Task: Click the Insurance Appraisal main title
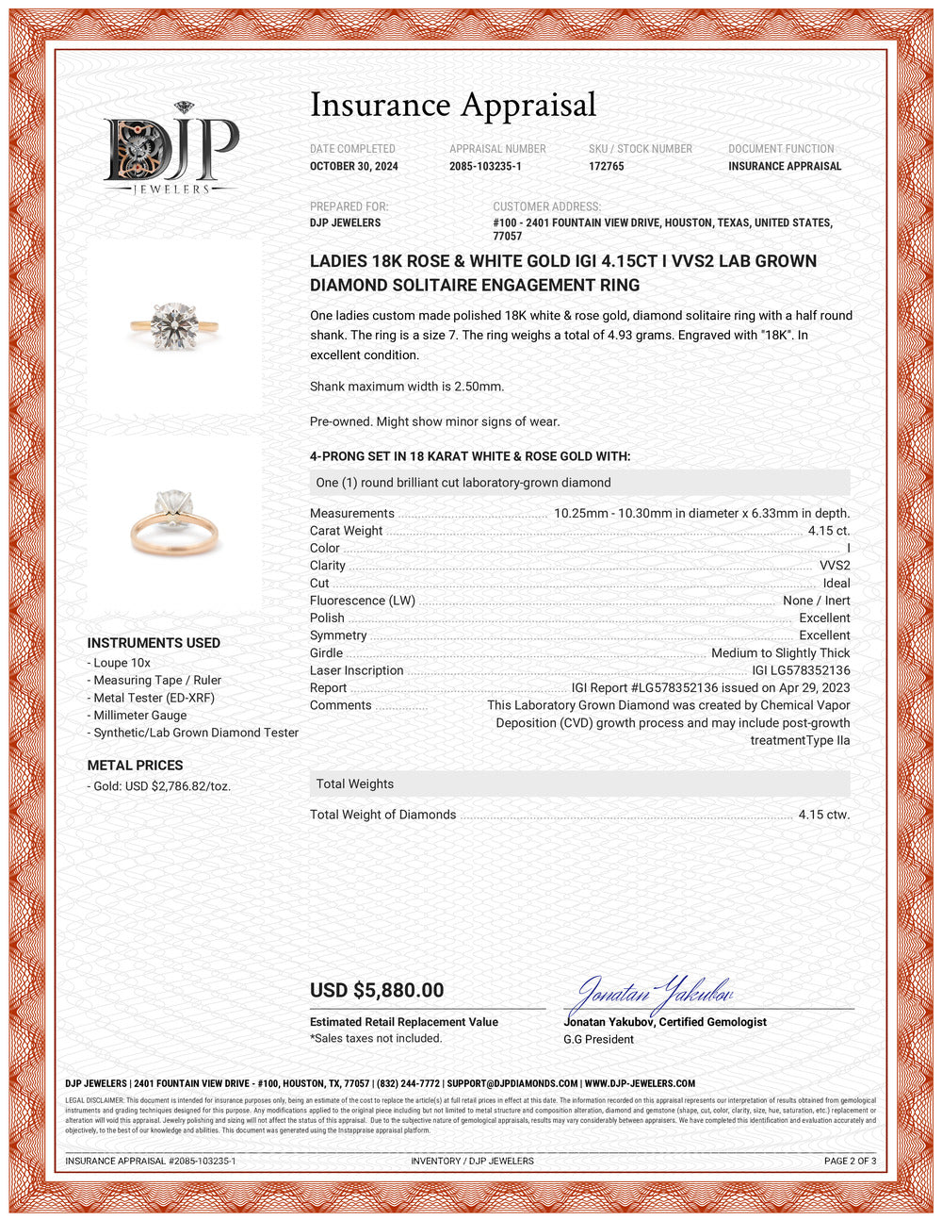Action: [453, 105]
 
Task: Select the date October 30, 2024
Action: [354, 166]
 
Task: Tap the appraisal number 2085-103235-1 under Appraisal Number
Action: [485, 166]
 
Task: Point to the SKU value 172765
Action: [607, 166]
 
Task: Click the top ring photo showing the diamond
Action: [174, 325]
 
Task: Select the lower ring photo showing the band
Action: [174, 523]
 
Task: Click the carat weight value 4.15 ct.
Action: [828, 531]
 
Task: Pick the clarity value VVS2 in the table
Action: [835, 566]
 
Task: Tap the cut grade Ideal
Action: [836, 583]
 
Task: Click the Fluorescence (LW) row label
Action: [363, 601]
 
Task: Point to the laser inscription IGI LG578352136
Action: [801, 670]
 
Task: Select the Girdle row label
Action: [326, 652]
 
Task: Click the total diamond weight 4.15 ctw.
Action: [823, 815]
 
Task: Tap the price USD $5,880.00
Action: [377, 990]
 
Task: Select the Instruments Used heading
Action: [154, 643]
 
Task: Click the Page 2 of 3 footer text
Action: [850, 1161]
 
